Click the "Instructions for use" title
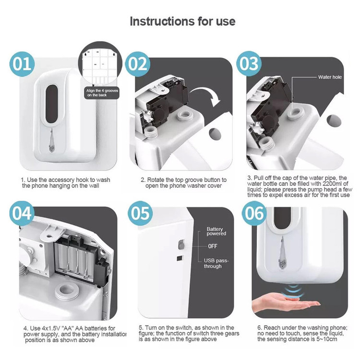coord(182,21)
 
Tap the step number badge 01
coord(22,64)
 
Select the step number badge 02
coord(138,64)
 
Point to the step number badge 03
coord(249,63)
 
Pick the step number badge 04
coord(22,214)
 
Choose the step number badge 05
coord(140,213)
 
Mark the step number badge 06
coord(254,213)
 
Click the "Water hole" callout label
coord(330,77)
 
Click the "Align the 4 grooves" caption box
coord(102,93)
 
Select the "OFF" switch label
coord(213,246)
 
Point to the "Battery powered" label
coord(216,231)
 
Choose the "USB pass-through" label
coord(216,264)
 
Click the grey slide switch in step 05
coord(181,245)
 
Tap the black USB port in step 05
coord(180,258)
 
